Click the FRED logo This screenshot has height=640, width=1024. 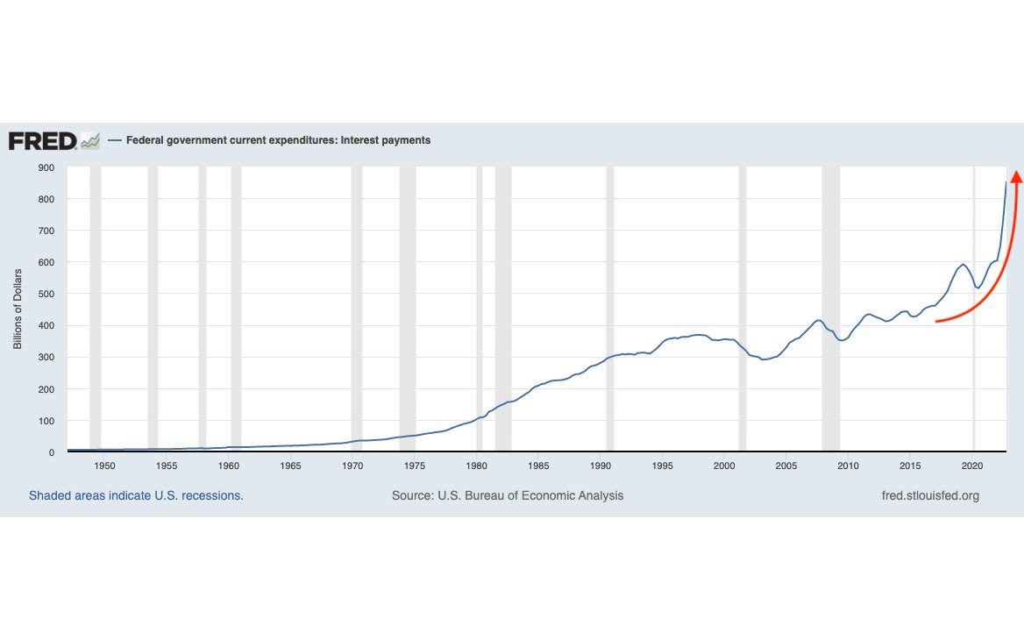click(x=43, y=140)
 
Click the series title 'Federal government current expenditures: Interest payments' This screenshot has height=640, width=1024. click(x=278, y=140)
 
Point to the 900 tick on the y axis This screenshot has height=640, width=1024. click(x=46, y=167)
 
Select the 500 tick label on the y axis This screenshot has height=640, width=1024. click(x=46, y=294)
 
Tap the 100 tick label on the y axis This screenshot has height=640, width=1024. click(x=46, y=421)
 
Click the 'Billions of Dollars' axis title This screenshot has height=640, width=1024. click(x=18, y=309)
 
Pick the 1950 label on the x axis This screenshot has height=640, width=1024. click(x=104, y=466)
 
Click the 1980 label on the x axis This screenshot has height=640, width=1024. click(x=476, y=466)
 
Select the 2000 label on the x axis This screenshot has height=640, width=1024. click(x=724, y=466)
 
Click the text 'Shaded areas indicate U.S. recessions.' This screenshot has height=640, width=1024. click(x=136, y=496)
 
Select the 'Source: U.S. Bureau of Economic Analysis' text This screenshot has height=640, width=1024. click(x=508, y=496)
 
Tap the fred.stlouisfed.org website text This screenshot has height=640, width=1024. click(x=930, y=496)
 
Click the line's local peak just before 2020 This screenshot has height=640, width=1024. click(x=963, y=264)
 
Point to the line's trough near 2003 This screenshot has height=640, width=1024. click(x=764, y=359)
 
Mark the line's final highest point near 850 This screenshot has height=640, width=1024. click(x=1006, y=182)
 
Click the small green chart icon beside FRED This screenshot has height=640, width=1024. click(x=89, y=140)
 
